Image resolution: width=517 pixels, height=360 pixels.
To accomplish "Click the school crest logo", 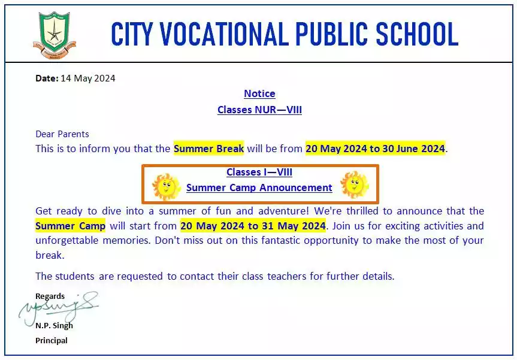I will [55, 34].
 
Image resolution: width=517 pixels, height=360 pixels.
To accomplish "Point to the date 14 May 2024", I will [87, 78].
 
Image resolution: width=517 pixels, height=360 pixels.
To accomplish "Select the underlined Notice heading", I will [259, 93].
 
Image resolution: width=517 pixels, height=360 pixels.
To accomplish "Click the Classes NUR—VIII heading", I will [259, 110].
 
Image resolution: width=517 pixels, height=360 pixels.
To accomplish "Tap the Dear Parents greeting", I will [62, 134].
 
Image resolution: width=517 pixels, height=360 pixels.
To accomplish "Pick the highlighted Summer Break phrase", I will [208, 149].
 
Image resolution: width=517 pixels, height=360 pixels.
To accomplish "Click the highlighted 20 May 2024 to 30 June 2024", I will [375, 149].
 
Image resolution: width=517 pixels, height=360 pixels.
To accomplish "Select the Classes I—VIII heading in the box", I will [259, 172].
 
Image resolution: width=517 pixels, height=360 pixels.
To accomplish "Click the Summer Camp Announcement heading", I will [259, 187].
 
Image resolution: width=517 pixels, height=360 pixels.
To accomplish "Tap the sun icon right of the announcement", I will [354, 184].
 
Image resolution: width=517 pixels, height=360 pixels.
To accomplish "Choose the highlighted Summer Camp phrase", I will [71, 226].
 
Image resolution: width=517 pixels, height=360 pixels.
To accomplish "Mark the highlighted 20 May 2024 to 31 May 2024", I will [253, 226].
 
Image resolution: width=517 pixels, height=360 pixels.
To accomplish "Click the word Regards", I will [50, 296].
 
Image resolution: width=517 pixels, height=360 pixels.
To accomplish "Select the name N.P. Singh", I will [54, 325].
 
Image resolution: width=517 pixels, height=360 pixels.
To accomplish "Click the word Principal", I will [52, 340].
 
